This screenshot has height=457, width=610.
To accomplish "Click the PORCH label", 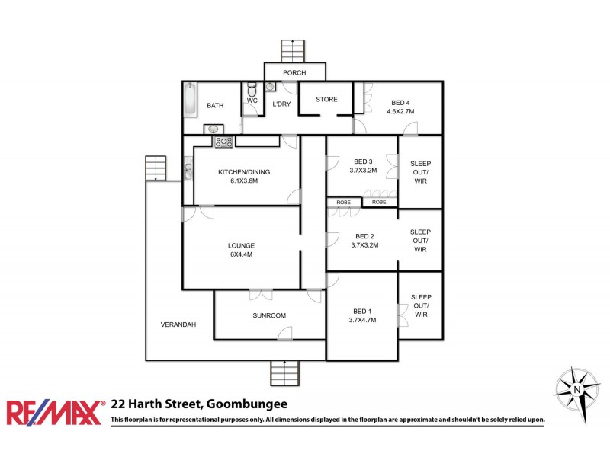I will (x=294, y=73).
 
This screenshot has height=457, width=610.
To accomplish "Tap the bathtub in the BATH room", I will (x=190, y=100).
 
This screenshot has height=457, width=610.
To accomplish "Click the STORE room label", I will (x=326, y=100).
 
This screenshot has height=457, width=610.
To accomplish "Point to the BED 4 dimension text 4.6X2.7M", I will (x=400, y=111).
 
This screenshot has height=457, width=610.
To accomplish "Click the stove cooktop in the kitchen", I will (x=224, y=142).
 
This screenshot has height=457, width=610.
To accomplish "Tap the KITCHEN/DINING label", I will (x=244, y=172).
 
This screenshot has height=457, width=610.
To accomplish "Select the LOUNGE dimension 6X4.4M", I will (x=241, y=254).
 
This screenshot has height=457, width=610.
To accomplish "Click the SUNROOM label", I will (x=270, y=315).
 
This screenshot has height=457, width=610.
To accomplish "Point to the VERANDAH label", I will (x=178, y=324).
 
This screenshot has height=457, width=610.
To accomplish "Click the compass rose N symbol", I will (x=577, y=390).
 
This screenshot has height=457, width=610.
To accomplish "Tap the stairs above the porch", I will (x=293, y=51).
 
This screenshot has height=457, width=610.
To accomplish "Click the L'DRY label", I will (x=281, y=104).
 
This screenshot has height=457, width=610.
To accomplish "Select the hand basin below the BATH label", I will (x=213, y=129).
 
